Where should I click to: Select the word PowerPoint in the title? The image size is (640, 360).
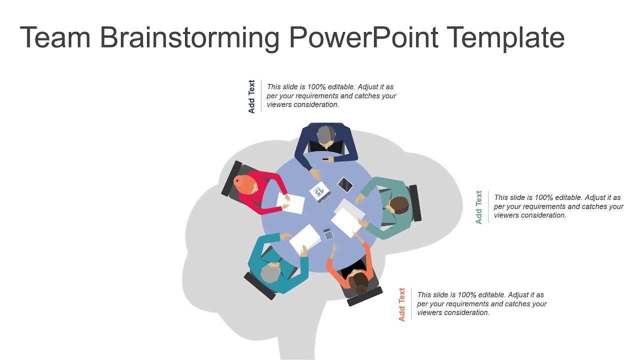coord(364,38)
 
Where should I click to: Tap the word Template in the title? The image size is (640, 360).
coord(505,38)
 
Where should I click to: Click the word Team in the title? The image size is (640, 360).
coord(55,38)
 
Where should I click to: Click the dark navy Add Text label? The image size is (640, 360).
coord(251,96)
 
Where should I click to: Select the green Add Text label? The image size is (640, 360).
coord(479,207)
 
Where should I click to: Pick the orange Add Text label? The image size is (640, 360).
coord(402,304)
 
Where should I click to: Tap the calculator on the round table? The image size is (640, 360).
coord(328,233)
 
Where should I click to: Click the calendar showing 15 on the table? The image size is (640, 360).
coord(319,191)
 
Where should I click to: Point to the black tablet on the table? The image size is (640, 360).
coord(345,185)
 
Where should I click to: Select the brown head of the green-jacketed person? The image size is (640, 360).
coord(398,205)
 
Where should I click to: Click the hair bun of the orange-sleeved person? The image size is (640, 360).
coord(360,288)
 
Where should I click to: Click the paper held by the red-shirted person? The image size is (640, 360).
coord(291,203)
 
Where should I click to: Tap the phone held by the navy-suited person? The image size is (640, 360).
coord(325,159)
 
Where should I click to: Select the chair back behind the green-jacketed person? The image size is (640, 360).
coord(415,203)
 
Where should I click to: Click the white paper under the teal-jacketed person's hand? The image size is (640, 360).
coord(305,238)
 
